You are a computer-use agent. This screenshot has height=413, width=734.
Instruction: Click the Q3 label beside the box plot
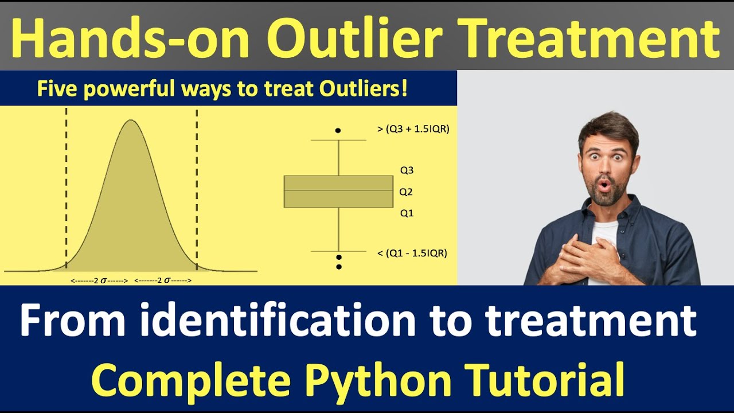(407, 170)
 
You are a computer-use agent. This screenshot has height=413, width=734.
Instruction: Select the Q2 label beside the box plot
(406, 192)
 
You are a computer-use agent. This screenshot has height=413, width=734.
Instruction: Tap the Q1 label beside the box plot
(407, 213)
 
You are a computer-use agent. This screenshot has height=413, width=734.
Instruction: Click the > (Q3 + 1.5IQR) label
(413, 129)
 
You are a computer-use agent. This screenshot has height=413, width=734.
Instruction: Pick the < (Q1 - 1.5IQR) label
(412, 253)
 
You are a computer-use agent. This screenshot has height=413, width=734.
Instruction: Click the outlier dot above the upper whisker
(338, 131)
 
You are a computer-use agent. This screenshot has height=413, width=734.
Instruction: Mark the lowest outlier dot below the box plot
(339, 267)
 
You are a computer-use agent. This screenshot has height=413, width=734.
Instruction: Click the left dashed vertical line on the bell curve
(67, 189)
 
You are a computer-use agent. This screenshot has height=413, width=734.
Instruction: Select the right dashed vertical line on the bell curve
(197, 189)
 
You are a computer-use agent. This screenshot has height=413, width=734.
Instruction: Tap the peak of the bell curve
(131, 120)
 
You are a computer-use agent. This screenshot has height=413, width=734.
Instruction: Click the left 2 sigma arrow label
(99, 280)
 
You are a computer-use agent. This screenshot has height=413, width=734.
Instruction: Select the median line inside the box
(338, 190)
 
